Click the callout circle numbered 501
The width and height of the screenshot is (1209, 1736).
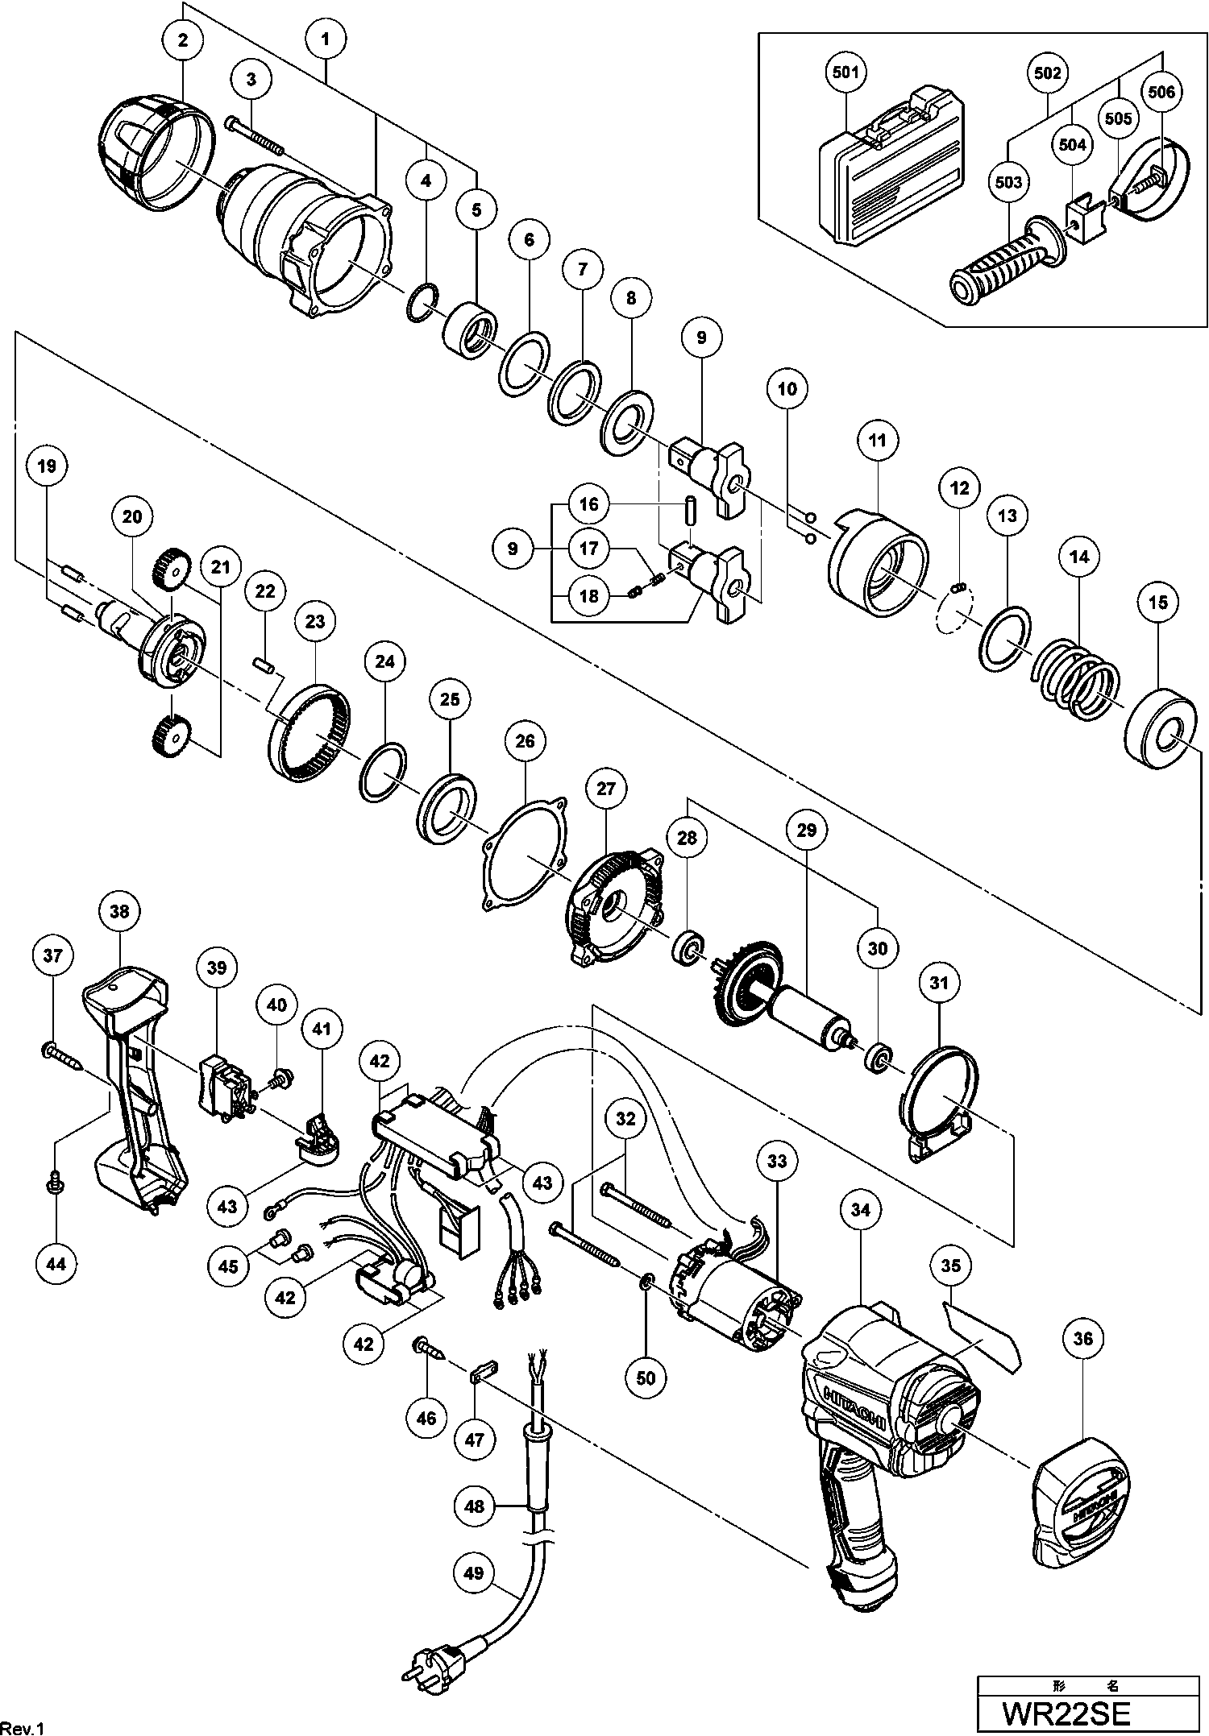click(845, 73)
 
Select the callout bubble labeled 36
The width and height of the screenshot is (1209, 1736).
click(1082, 1338)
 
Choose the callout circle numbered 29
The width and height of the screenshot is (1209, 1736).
click(807, 830)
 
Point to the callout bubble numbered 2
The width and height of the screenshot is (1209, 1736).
click(183, 39)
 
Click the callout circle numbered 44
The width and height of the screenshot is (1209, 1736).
click(56, 1264)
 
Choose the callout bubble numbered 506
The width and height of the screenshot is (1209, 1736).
click(1161, 92)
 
